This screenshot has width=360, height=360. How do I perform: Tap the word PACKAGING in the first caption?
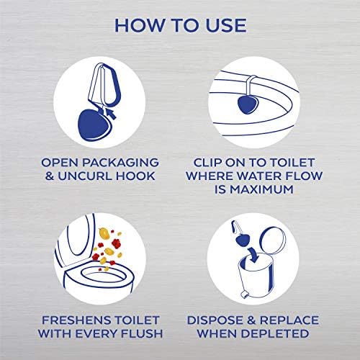[120, 163]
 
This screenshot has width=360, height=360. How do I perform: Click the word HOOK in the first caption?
[135, 176]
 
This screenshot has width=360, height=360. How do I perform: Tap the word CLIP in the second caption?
[208, 163]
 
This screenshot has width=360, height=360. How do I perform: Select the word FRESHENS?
[76, 320]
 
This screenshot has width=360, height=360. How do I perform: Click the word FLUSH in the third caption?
[142, 333]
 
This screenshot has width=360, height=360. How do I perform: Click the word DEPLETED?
[275, 333]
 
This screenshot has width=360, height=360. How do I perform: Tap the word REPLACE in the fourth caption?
[289, 320]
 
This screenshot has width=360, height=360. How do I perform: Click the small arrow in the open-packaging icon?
[111, 114]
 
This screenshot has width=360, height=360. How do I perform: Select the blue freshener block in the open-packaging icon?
[91, 125]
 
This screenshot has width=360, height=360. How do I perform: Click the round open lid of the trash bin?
[273, 240]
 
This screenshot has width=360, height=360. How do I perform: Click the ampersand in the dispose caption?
[252, 320]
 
